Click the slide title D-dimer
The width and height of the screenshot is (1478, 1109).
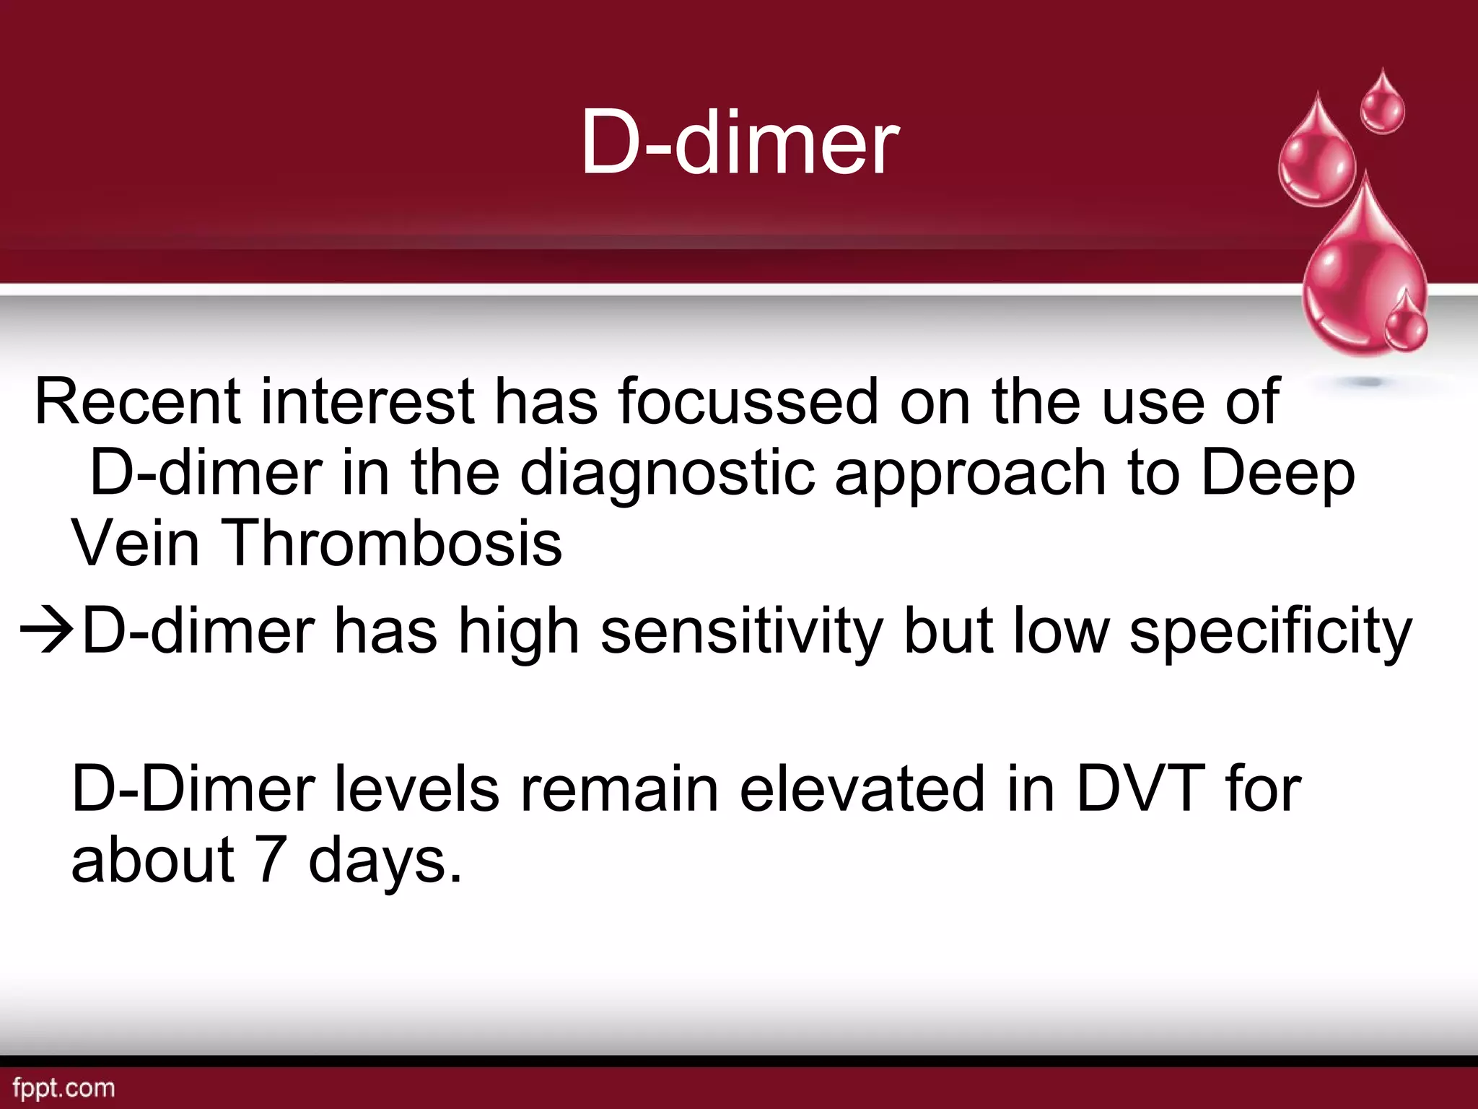pos(740,142)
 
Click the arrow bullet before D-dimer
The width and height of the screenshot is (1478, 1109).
pos(47,630)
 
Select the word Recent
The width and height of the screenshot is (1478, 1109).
pos(137,401)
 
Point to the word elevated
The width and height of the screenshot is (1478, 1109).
pos(862,788)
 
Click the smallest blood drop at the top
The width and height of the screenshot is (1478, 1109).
pos(1382,105)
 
